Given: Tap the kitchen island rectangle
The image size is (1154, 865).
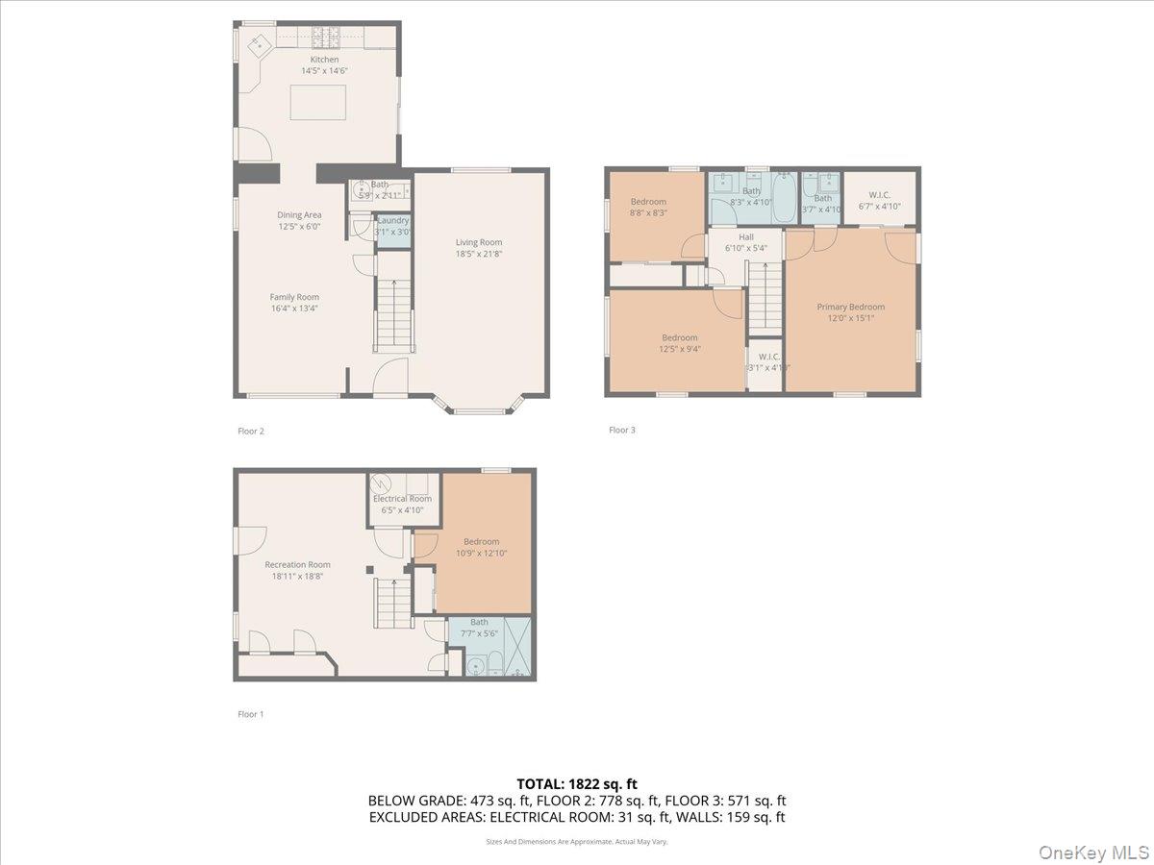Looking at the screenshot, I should click(x=317, y=103).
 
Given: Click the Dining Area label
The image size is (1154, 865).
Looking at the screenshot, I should click(x=299, y=215).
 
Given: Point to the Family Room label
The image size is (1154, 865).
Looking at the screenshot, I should click(x=294, y=297).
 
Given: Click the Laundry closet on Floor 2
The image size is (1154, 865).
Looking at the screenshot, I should click(x=392, y=232).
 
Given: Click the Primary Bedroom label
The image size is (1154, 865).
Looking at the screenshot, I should click(x=850, y=307).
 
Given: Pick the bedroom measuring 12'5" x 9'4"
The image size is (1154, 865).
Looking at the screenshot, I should click(x=679, y=343).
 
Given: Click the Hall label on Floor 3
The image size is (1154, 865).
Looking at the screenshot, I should click(x=746, y=236).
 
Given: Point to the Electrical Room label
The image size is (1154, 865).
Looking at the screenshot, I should click(x=402, y=499).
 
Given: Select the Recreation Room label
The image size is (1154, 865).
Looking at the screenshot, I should click(x=298, y=564).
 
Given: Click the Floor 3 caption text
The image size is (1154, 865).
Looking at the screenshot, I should click(x=622, y=430).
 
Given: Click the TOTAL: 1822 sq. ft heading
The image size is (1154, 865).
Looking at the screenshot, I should click(x=577, y=783).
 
